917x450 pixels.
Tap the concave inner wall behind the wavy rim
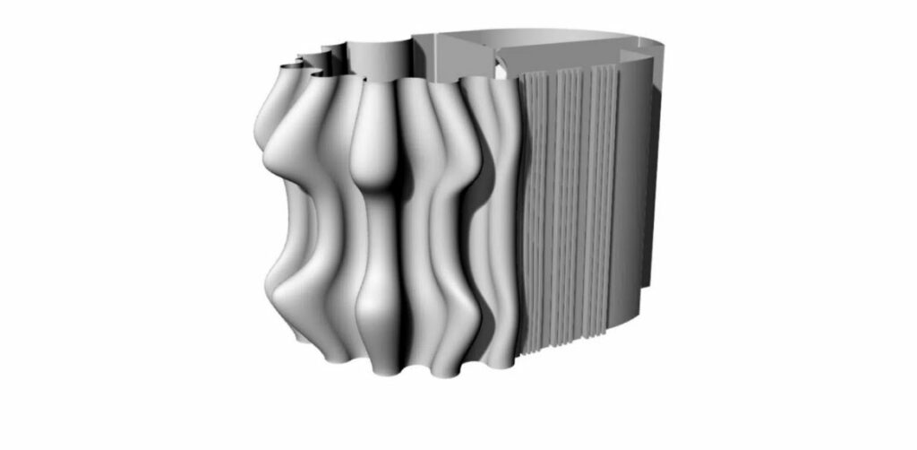click(381, 58)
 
